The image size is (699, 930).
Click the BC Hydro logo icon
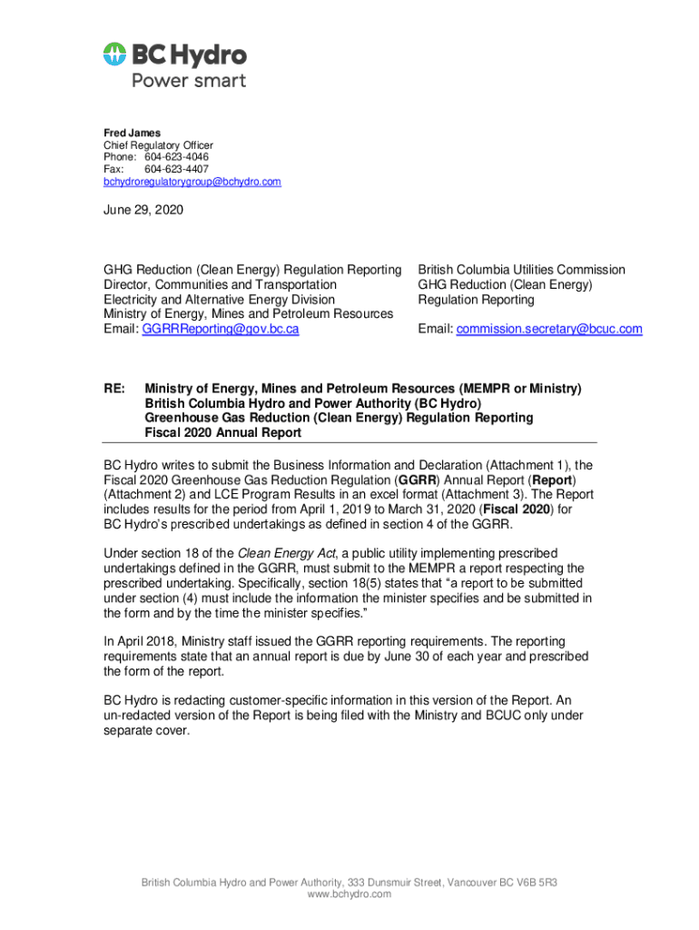click(114, 54)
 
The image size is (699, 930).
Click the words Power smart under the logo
click(189, 80)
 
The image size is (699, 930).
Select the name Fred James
click(132, 134)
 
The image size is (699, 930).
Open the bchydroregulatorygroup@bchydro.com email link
click(192, 182)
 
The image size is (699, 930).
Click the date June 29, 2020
click(143, 211)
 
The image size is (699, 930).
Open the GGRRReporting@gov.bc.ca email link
click(221, 329)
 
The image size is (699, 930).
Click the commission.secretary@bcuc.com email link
click(548, 329)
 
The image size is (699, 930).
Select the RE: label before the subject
click(114, 389)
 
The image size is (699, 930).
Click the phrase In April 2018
click(141, 641)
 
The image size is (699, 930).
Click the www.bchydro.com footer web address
click(349, 895)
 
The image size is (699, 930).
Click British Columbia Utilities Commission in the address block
click(521, 270)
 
